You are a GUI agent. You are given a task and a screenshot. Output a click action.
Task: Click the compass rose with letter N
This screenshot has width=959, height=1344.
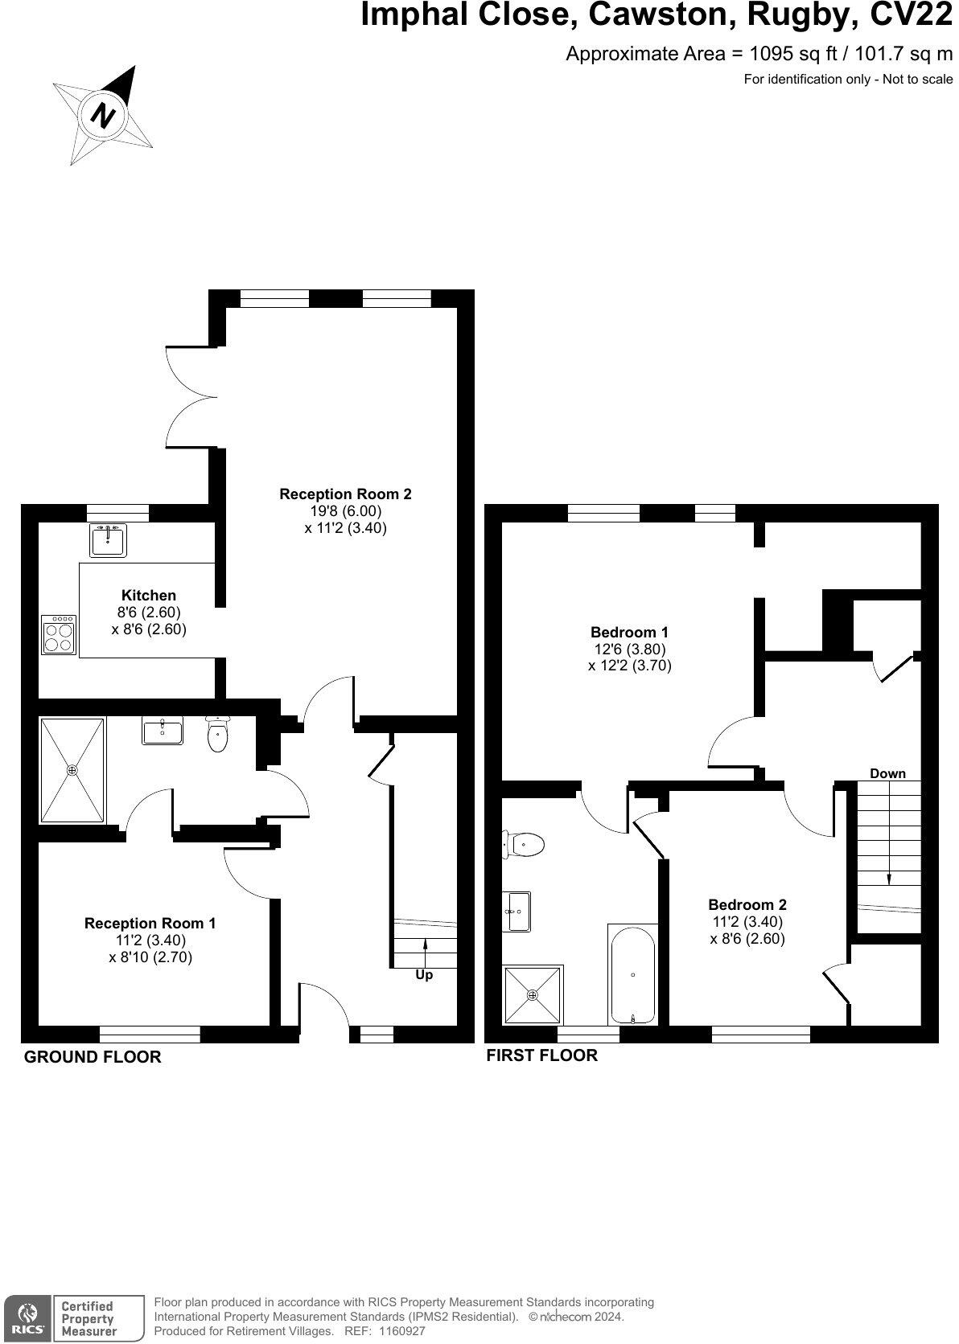coord(103,115)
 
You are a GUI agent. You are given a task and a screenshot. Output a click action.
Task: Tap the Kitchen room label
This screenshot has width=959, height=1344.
coord(148,596)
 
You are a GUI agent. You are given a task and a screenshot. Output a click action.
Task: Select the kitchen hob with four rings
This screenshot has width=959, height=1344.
coord(59,634)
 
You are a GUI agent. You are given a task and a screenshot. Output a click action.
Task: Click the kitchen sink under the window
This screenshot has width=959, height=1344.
coord(108,539)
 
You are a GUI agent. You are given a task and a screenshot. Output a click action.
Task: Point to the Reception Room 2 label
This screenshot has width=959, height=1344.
coord(345,494)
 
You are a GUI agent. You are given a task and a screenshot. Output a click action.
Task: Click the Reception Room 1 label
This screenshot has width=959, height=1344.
coord(150,924)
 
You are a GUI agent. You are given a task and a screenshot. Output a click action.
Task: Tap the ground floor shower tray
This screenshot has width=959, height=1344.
coord(72,771)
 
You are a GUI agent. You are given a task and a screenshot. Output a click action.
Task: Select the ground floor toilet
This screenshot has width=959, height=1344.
coord(218,735)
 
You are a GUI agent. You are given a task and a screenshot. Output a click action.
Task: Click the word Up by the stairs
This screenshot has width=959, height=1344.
coord(424,975)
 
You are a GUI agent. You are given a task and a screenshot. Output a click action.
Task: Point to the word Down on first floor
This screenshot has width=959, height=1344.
coord(887,773)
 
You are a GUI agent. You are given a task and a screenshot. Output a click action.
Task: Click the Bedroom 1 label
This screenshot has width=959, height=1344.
coord(629,632)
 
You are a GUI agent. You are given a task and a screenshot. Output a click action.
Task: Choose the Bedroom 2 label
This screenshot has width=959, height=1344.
coord(747,904)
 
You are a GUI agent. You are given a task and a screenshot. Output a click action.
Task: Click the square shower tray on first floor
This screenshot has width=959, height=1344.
coord(533,995)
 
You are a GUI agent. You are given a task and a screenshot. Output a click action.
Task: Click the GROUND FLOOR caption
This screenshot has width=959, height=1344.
coord(93,1057)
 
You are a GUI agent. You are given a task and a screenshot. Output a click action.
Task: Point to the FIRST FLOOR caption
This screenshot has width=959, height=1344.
coord(541,1055)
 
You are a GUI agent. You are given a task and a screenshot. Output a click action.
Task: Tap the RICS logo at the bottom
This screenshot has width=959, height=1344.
coord(27,1317)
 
